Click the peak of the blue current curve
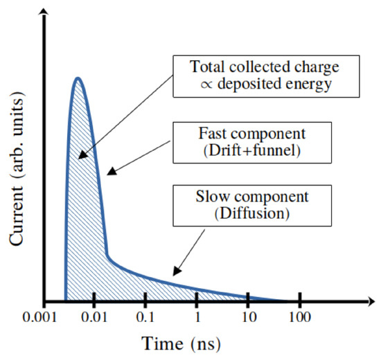pyautogui.click(x=78, y=78)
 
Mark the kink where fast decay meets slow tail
pyautogui.click(x=107, y=255)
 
